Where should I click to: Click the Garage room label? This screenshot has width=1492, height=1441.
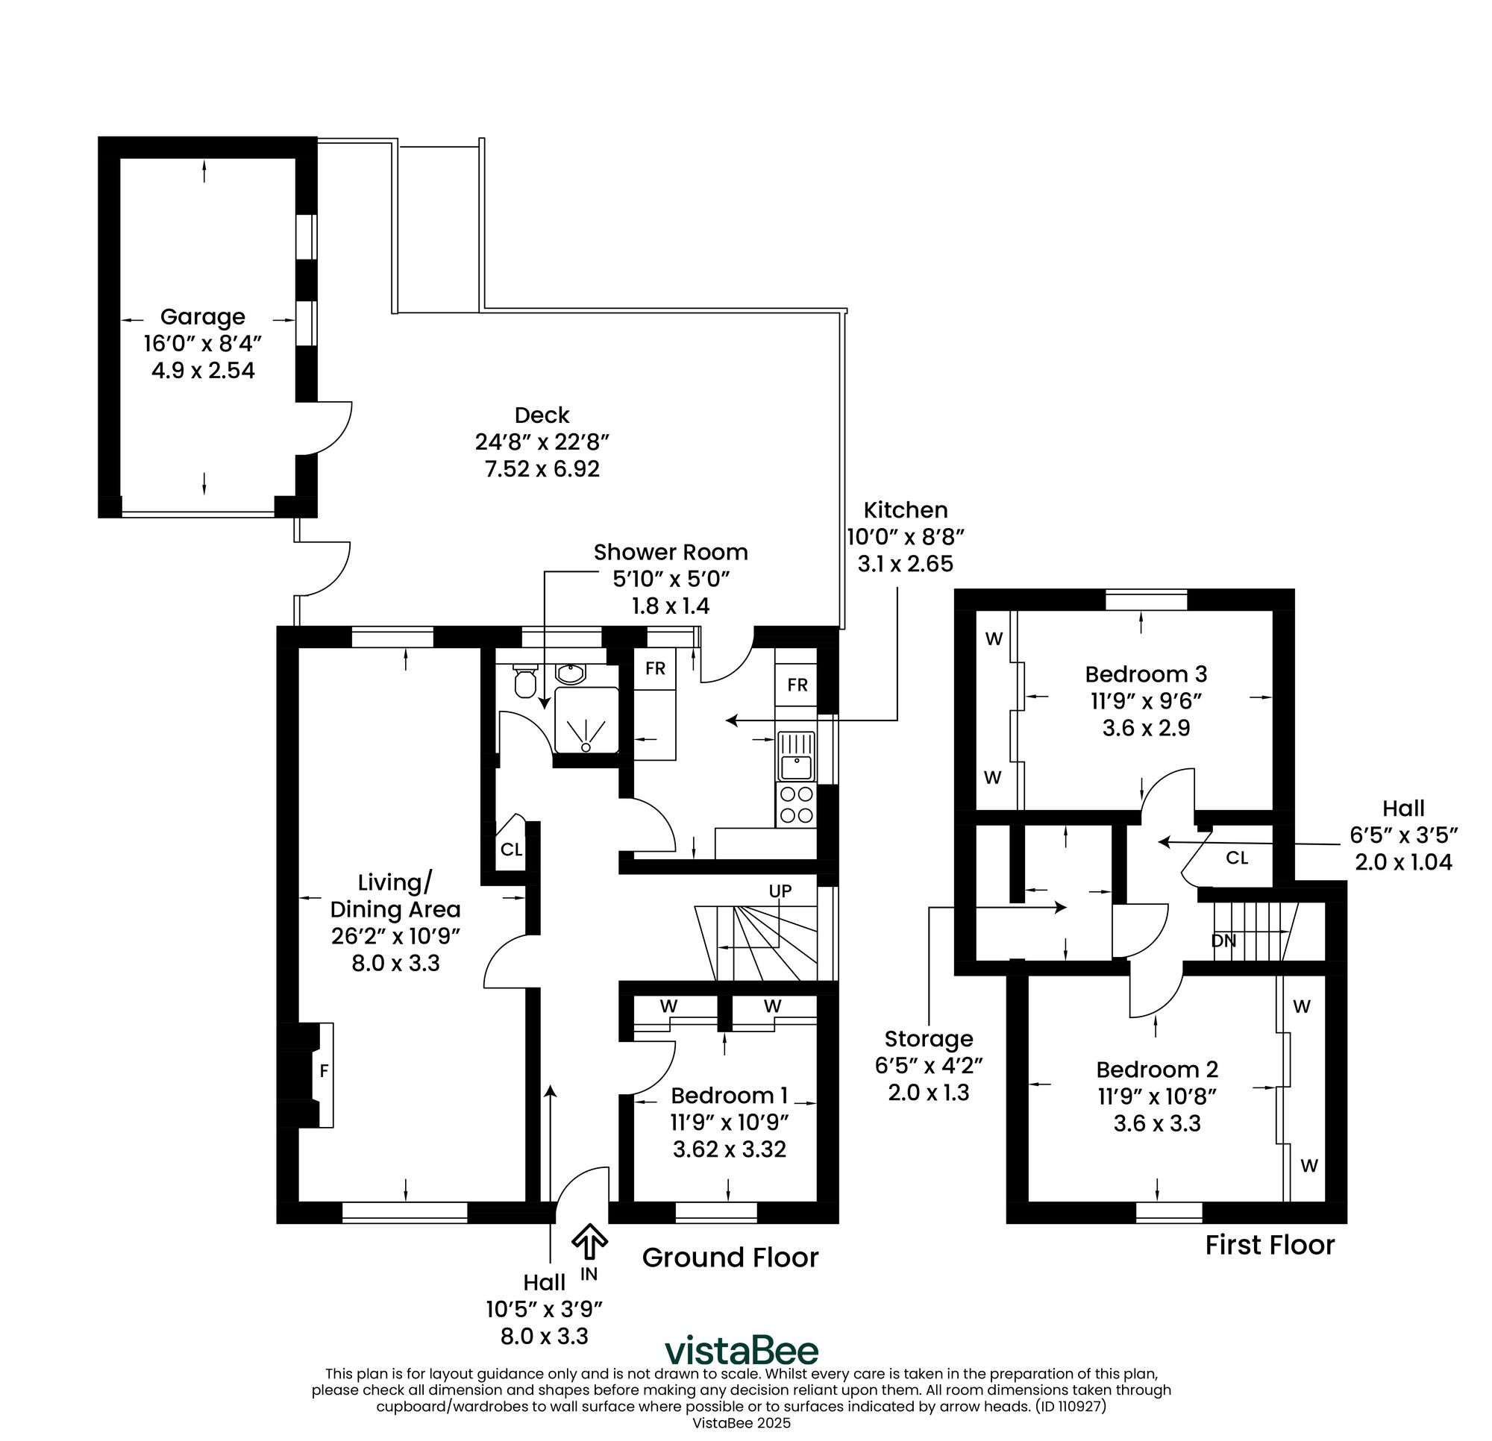click(x=202, y=317)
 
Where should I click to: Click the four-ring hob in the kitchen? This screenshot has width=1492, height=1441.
click(x=796, y=805)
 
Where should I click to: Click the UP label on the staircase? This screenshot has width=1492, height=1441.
click(x=780, y=891)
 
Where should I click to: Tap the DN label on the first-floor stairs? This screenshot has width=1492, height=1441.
click(x=1223, y=941)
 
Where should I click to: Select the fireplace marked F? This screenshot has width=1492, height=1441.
click(x=324, y=1072)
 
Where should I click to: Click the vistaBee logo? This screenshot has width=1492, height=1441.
click(x=742, y=1351)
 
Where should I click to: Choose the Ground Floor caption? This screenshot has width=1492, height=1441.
click(x=730, y=1258)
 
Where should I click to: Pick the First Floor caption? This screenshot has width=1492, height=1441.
click(x=1270, y=1246)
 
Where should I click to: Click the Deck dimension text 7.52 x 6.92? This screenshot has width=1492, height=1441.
click(x=542, y=469)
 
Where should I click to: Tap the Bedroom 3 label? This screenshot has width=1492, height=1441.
click(x=1146, y=674)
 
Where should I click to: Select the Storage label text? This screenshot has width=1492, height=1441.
click(x=928, y=1039)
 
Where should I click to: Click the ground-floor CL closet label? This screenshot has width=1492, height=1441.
click(x=512, y=850)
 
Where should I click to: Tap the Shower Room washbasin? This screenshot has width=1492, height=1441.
click(x=570, y=674)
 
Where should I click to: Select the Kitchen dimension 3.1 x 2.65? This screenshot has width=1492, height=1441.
click(x=905, y=564)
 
